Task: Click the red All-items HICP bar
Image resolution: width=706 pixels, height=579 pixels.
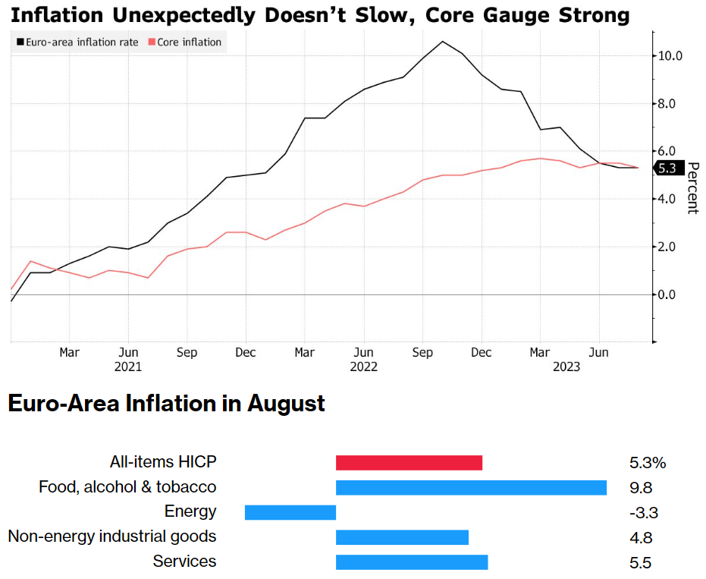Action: pos(409,463)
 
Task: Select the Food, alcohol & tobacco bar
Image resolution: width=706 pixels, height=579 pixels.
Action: pos(471,487)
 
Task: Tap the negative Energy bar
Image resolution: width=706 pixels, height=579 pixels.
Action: pos(290,512)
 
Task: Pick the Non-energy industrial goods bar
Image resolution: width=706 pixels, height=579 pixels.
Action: pos(402,537)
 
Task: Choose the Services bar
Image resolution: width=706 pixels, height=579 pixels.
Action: pos(412,562)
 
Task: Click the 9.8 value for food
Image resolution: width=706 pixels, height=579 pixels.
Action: pos(641,488)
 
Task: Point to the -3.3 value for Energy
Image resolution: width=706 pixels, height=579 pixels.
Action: pos(643,513)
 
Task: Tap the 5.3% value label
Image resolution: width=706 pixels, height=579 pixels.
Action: pos(647,463)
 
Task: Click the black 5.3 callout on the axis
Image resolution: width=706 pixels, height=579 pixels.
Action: pos(667,168)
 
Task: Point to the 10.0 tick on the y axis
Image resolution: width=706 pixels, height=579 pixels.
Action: pos(672,55)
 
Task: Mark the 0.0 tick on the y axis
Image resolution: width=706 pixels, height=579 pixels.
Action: pos(672,294)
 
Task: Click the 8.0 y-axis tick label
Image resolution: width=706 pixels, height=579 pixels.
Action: pos(672,103)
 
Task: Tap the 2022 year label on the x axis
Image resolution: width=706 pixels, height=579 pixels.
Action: pos(364,367)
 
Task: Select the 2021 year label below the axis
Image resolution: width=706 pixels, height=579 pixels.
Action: pos(129,367)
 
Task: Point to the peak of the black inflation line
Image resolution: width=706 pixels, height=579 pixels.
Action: pos(443,41)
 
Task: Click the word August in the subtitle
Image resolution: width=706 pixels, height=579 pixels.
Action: pos(286,404)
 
